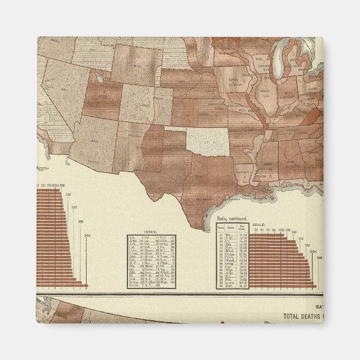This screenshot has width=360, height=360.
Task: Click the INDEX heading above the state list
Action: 149,231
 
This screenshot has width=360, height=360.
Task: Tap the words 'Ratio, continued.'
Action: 231,225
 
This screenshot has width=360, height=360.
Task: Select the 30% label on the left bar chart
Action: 87,235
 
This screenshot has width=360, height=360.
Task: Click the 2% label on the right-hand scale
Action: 255,230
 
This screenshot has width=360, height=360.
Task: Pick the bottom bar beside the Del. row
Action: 286,285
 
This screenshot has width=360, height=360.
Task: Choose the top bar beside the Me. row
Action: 266,235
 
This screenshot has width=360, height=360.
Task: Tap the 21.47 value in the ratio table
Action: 243,285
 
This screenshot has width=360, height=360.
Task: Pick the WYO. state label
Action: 134,65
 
